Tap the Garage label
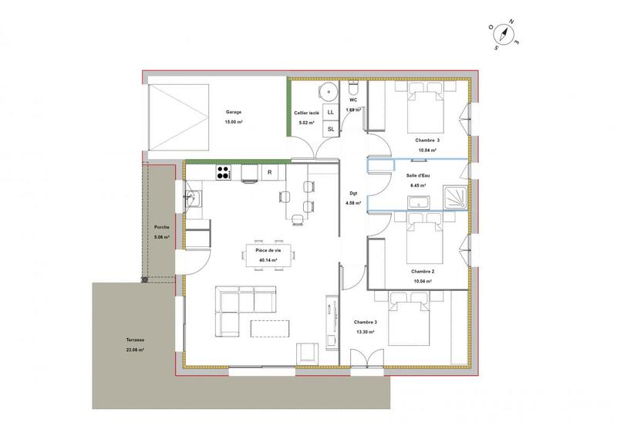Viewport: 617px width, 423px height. pos(234,112)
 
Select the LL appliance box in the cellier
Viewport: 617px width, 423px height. pos(331,113)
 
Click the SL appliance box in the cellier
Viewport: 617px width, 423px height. pos(331,129)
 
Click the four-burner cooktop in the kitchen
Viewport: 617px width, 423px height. pos(224,172)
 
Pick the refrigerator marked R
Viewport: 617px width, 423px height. pos(270,172)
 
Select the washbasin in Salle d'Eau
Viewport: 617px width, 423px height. pos(420,203)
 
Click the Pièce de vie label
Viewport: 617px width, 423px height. pos(268,250)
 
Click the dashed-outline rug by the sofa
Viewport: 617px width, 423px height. pos(273,328)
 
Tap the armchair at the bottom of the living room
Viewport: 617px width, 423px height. pos(308,352)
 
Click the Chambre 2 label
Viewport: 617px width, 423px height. pos(423,272)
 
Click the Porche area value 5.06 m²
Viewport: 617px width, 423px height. pos(160,237)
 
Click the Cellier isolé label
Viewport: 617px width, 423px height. pos(306,113)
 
